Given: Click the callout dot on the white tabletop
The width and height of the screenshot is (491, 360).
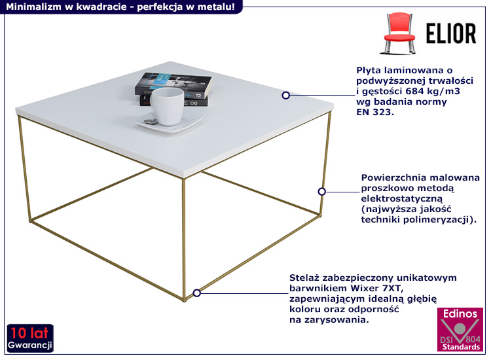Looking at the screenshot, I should pyautogui.click(x=285, y=96).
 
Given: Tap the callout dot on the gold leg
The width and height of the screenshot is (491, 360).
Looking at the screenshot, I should pyautogui.click(x=321, y=192).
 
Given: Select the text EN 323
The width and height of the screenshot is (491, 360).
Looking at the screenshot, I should pyautogui.click(x=375, y=113).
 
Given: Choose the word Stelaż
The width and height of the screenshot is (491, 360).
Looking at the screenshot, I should pyautogui.click(x=306, y=278).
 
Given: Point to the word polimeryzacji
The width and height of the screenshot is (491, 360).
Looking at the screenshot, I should pyautogui.click(x=442, y=220).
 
